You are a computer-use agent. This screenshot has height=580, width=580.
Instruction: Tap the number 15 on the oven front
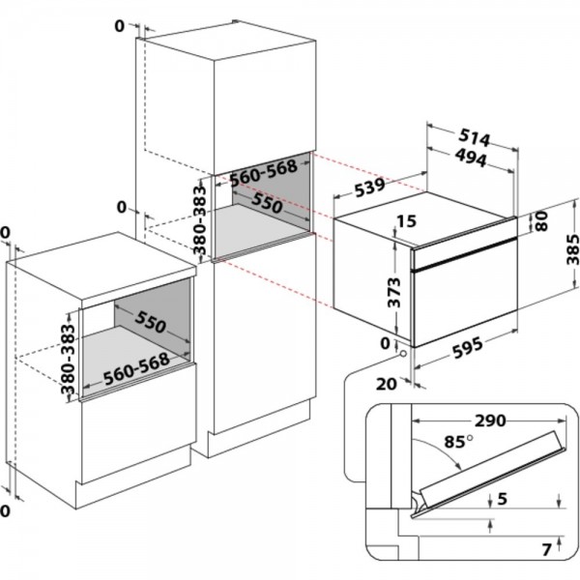[406, 222]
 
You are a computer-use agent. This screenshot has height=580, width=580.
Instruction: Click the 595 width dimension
[478, 354]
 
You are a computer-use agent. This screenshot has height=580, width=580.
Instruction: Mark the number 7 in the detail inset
[546, 551]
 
